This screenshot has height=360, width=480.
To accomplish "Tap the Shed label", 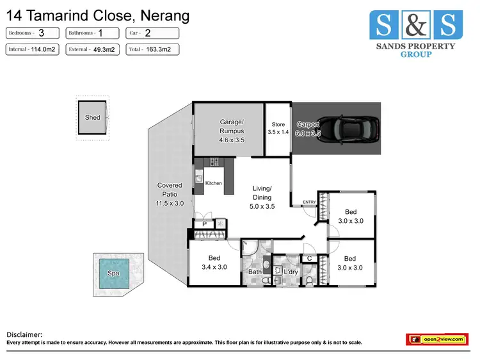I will tap(93, 118).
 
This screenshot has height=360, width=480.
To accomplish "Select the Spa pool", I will tap(113, 273).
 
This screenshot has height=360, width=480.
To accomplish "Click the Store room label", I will tap(278, 124).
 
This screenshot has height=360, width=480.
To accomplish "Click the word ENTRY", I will tap(310, 202).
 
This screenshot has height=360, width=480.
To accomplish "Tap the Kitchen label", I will tap(214, 183).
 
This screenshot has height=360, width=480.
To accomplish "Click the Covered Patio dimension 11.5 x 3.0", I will tap(170, 204).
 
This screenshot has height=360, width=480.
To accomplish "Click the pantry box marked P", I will tap(205, 224).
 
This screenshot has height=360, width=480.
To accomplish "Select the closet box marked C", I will tap(309, 259).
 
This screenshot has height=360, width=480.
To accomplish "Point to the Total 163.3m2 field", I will tap(152, 49).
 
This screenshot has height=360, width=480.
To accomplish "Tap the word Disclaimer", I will tap(24, 334).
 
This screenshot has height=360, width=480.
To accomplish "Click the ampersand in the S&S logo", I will tap(412, 26).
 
